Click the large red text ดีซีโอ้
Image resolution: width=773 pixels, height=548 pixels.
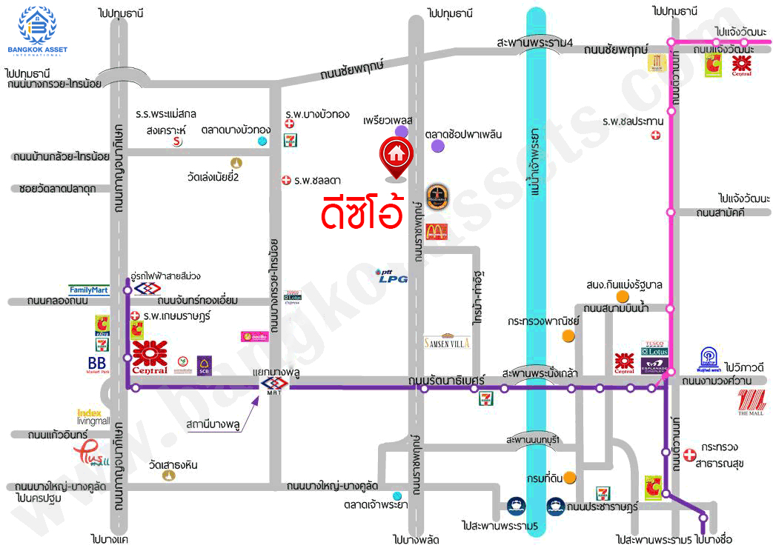tap(361, 210)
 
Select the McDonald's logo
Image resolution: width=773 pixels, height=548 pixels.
tap(437, 231)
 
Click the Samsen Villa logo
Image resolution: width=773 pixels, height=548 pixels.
tap(447, 341)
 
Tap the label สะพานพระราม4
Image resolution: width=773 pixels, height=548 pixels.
tap(536, 43)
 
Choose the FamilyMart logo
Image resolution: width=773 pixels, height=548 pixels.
tap(89, 290)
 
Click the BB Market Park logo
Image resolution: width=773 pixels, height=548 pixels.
tap(97, 364)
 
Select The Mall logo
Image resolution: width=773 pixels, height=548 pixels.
tap(754, 402)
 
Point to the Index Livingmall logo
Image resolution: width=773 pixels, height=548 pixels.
tap(93, 416)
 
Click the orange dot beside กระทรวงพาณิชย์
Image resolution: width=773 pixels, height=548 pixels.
tap(568, 335)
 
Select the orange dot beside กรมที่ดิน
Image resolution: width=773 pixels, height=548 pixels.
tap(569, 477)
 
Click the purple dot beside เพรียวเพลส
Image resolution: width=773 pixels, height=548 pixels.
tap(401, 132)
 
